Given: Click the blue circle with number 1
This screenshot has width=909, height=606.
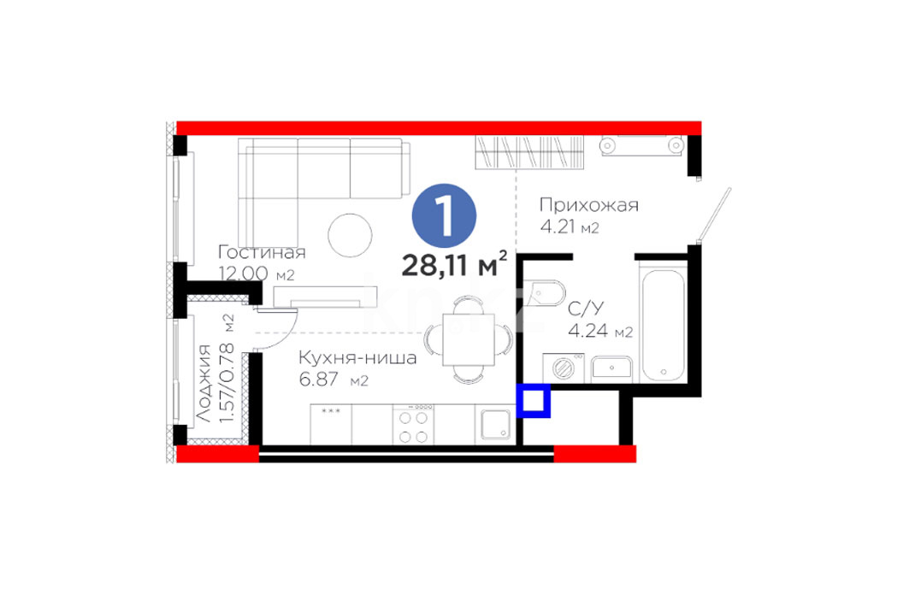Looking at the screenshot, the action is (444, 216).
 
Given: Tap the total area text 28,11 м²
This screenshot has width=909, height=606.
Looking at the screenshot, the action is (455, 265).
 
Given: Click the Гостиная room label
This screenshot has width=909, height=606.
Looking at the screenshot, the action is (262, 253).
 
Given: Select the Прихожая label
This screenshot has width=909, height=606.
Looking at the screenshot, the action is (589, 205).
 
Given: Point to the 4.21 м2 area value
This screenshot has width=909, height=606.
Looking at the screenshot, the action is (570, 227).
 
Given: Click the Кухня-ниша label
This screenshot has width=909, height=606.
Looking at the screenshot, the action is (357, 357).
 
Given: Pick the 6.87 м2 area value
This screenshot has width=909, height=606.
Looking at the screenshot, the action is (333, 379).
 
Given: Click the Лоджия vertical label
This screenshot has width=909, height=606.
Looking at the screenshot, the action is (203, 382).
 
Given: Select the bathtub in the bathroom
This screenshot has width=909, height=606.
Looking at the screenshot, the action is (664, 324).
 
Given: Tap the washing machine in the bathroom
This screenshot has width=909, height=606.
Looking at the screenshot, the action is (563, 368).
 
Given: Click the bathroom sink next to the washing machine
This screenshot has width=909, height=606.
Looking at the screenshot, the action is (611, 369).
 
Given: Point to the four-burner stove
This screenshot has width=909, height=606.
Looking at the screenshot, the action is (413, 425).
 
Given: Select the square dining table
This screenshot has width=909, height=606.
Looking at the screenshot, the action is (469, 339).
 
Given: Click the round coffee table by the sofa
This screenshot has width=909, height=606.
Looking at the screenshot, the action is (350, 236).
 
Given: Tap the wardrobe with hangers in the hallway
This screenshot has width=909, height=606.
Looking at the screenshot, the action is (529, 152).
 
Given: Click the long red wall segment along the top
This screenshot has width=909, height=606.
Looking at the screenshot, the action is (439, 128).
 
